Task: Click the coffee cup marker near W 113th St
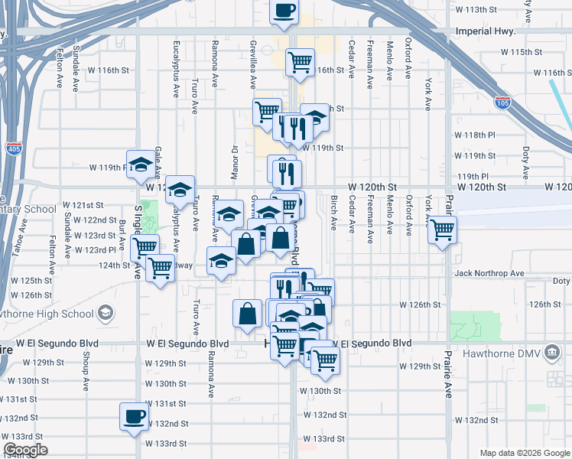click(x=284, y=12)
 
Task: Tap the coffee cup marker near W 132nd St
click(x=135, y=418)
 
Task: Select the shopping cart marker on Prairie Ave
click(x=442, y=229)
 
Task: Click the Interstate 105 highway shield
click(x=502, y=103)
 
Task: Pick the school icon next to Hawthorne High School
click(x=105, y=313)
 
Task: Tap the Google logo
click(x=25, y=449)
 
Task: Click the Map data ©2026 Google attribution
click(x=525, y=452)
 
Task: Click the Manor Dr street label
click(x=236, y=162)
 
